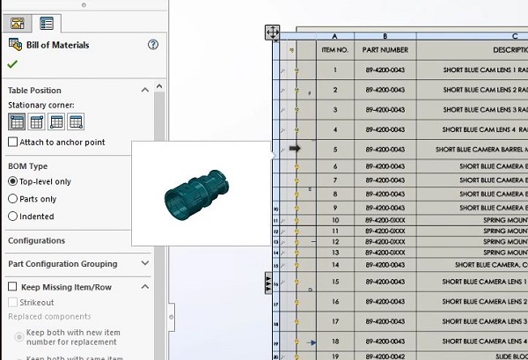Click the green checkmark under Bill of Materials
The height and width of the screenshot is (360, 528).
click(12, 64)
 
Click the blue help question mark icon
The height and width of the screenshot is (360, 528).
click(153, 45)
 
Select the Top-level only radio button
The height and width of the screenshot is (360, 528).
click(13, 181)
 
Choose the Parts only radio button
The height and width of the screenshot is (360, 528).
click(13, 199)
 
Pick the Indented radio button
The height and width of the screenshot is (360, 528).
click(13, 217)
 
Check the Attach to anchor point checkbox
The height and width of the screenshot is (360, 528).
click(13, 142)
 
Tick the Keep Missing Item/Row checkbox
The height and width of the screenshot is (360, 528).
click(13, 287)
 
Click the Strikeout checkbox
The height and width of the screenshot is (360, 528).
click(13, 302)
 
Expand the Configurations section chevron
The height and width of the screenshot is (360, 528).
click(145, 240)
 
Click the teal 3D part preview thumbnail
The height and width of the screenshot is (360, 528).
click(201, 194)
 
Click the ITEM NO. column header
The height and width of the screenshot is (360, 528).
click(335, 50)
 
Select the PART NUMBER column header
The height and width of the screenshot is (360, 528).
click(385, 50)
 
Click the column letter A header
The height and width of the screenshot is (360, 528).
click(335, 36)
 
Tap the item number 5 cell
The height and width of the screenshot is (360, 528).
click(335, 150)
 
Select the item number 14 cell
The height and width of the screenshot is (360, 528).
click(335, 264)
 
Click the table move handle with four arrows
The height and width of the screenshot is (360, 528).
click(273, 33)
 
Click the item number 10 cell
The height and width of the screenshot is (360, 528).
click(335, 220)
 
